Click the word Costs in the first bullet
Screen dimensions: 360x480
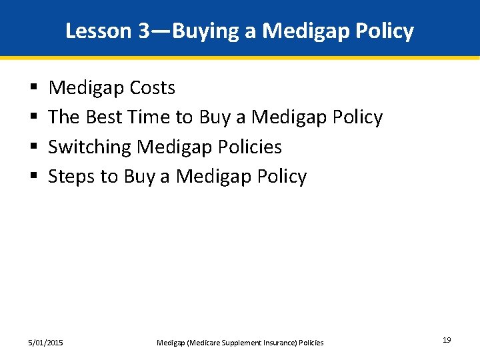(x=152, y=88)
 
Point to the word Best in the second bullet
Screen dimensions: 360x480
(x=103, y=117)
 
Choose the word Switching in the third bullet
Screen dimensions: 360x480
(x=90, y=147)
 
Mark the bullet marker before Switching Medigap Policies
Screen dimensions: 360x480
(x=33, y=147)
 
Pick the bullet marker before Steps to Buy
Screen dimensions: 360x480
(x=33, y=177)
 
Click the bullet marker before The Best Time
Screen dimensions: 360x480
(x=33, y=118)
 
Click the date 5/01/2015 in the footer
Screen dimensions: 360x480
(x=46, y=343)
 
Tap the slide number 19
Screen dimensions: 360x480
(x=446, y=341)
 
